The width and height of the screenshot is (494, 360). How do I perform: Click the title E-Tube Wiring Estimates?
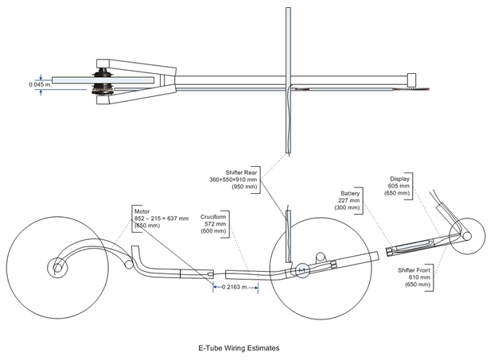(x=239, y=347)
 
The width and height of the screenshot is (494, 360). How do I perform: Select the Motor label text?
(x=142, y=211)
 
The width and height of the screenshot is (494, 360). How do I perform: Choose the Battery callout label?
(x=350, y=193)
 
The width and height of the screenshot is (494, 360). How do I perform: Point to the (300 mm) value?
(x=350, y=207)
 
